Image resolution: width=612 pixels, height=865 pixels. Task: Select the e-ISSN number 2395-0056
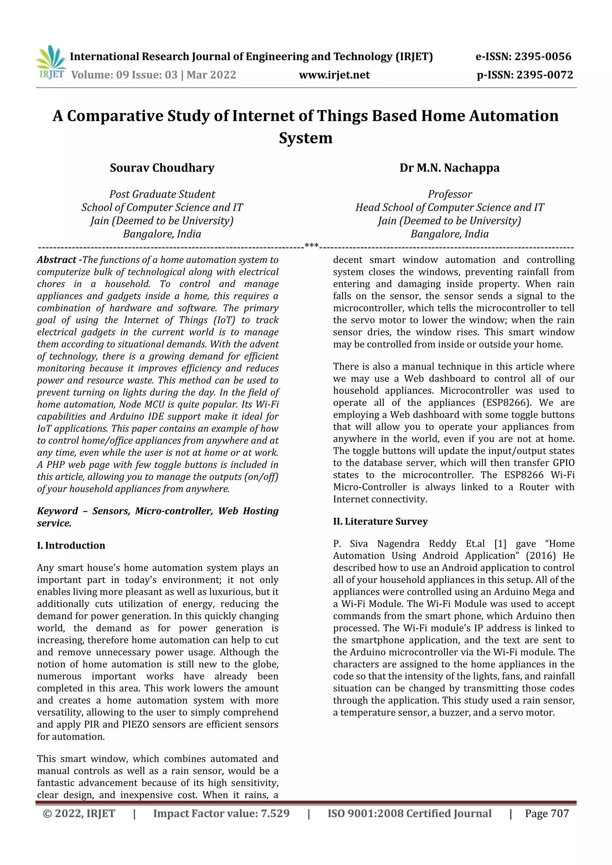(x=543, y=56)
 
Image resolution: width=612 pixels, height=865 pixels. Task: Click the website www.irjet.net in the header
(x=334, y=75)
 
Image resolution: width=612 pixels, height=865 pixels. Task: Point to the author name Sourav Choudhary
(x=162, y=168)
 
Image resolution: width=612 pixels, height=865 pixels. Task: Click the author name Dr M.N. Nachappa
(x=449, y=168)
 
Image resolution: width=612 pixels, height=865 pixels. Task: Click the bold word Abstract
(x=56, y=260)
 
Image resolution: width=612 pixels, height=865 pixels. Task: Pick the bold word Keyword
(x=57, y=511)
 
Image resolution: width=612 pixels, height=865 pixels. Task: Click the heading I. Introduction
(x=71, y=545)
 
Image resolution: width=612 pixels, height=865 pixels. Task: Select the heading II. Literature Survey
(x=380, y=521)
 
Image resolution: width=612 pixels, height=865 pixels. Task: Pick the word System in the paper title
(x=306, y=138)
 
